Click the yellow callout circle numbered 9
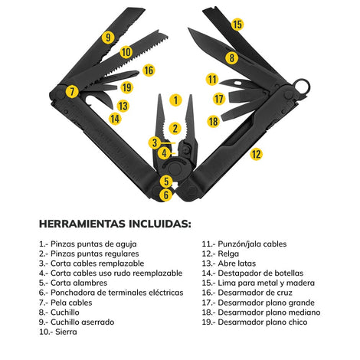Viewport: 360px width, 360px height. click(x=108, y=38)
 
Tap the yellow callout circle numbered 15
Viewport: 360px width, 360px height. click(x=237, y=25)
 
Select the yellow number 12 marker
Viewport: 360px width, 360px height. click(x=256, y=154)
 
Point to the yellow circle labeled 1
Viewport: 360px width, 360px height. click(x=175, y=100)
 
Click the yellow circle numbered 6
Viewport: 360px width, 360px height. click(x=166, y=195)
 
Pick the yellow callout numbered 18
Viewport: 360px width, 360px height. click(x=214, y=121)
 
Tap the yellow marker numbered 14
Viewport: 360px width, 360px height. click(x=115, y=119)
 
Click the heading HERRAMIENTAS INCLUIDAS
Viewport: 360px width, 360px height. click(x=115, y=224)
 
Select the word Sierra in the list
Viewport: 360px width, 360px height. click(x=66, y=332)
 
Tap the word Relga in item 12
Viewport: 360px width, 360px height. click(x=228, y=254)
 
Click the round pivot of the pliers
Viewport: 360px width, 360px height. click(x=175, y=169)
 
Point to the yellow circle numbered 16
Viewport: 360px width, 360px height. click(x=149, y=70)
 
